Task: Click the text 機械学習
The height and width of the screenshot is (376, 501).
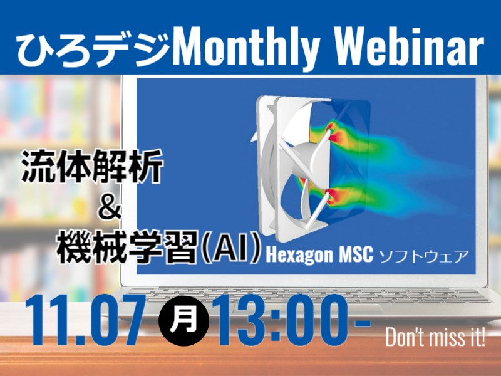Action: coord(127,247)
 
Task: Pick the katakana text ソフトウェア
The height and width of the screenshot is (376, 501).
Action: coord(424,256)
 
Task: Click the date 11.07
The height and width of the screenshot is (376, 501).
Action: coord(84,320)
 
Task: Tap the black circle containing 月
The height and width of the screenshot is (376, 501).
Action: coord(183,321)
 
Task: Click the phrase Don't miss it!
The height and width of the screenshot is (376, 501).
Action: coord(435,337)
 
